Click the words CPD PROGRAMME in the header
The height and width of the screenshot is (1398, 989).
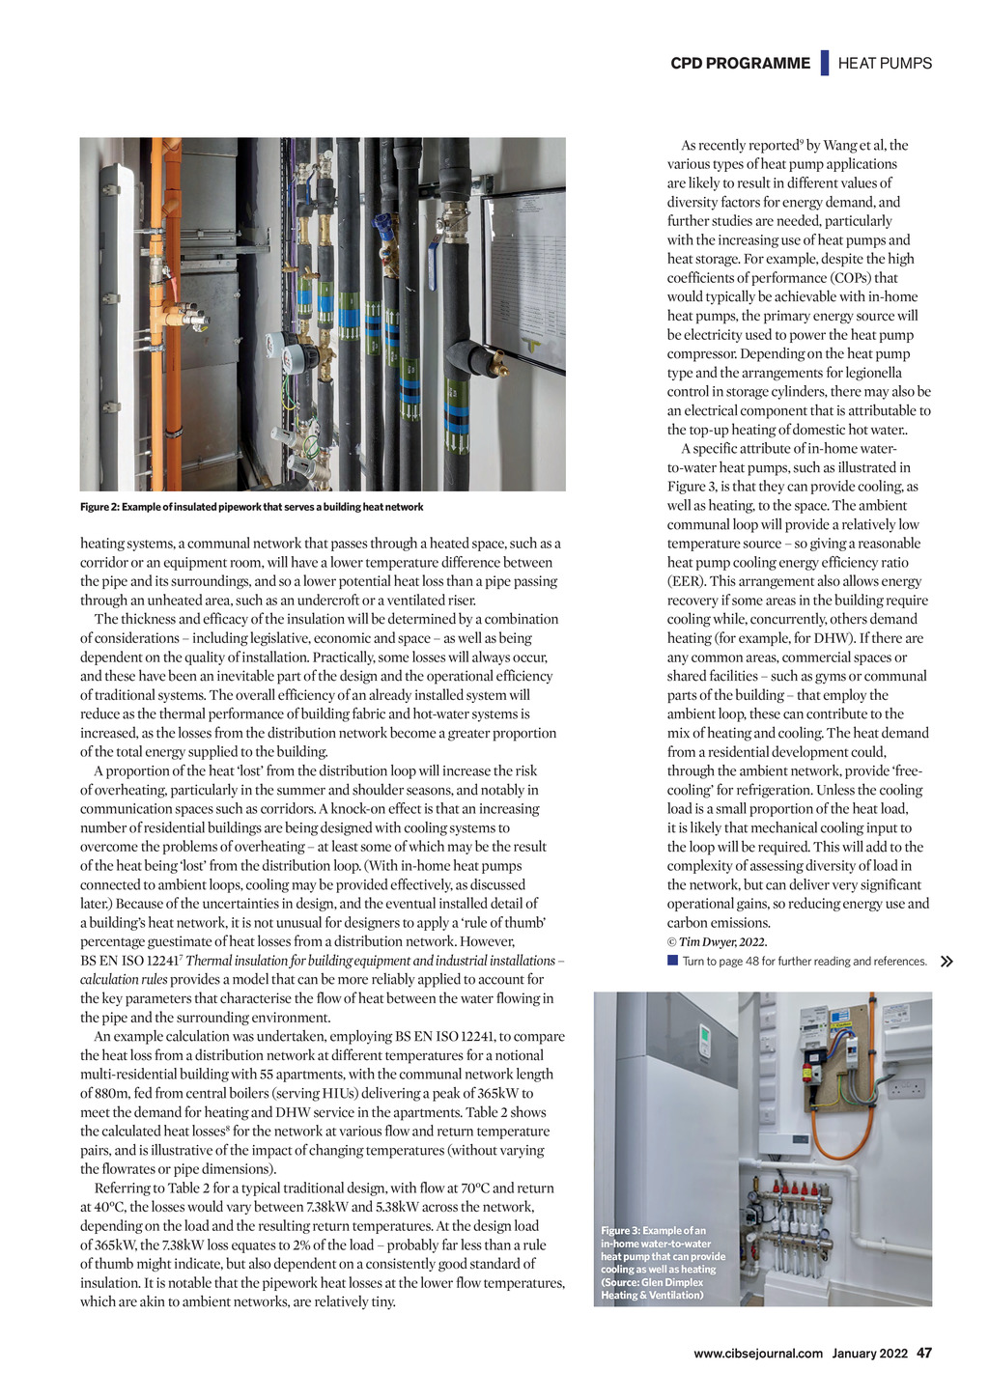point(740,64)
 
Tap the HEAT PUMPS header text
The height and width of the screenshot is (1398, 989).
point(885,64)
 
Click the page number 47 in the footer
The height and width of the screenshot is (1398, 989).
point(924,1353)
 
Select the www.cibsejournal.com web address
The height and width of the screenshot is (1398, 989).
point(758,1354)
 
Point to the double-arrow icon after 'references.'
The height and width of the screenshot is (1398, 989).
point(947,962)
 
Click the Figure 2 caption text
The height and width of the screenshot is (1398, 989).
point(251,507)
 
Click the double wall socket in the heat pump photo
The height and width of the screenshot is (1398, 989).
point(905,1088)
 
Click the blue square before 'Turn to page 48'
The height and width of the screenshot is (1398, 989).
point(672,961)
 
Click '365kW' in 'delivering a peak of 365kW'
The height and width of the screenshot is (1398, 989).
point(500,1094)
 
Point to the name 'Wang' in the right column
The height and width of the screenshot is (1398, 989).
point(840,146)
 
